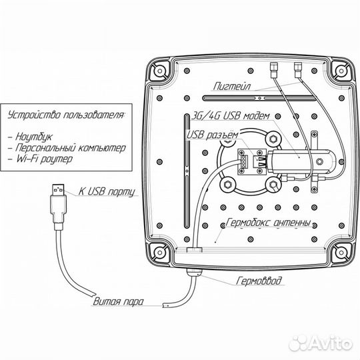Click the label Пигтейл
pos(232,86)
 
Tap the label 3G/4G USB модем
pos(230,116)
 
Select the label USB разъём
pos(212,135)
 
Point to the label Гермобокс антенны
pos(268,223)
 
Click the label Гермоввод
pos(259,280)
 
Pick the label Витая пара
pos(118,301)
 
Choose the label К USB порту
pos(107,191)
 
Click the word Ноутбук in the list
pos(34,137)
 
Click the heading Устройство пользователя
pos(67,115)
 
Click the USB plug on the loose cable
pos(58,206)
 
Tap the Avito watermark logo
pos(320,343)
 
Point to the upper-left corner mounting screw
pos(159,70)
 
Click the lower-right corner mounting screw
pos(341,252)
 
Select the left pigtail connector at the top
pos(273,70)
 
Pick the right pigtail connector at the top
pos(298,70)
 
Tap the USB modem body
pos(301,161)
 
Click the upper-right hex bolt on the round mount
pos(273,139)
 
